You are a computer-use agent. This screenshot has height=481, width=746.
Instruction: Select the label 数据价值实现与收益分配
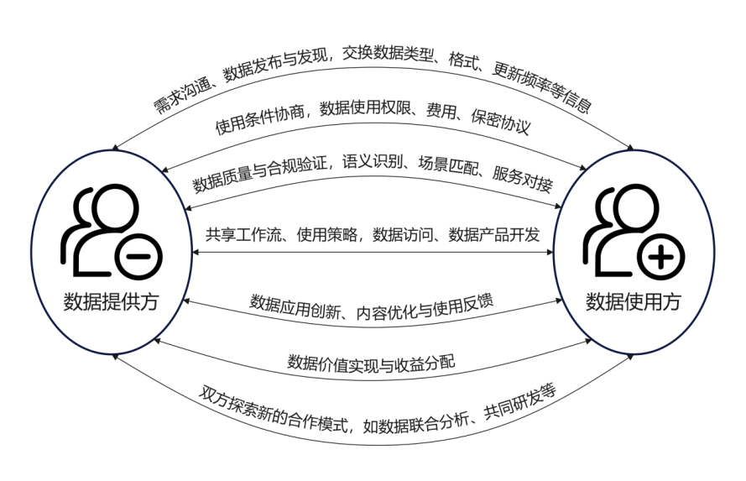tap(371, 363)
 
